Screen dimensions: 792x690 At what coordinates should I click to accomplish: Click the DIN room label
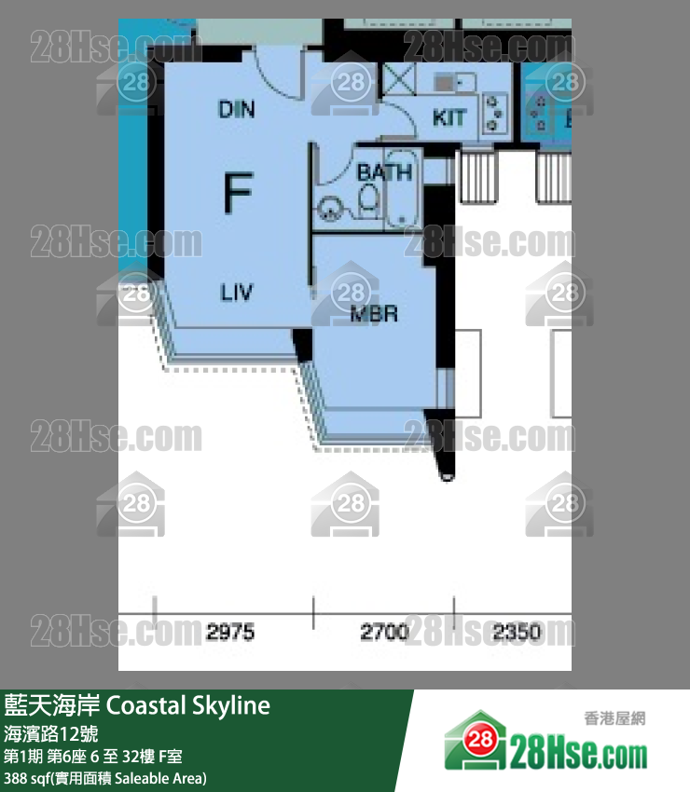click(237, 110)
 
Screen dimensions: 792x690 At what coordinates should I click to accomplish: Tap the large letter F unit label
click(238, 194)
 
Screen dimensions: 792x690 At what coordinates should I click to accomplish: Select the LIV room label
click(237, 293)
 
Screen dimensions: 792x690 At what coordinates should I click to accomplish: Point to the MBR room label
click(373, 315)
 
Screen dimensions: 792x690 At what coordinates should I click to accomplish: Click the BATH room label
click(384, 172)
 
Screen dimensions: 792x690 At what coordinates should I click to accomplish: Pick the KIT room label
click(448, 118)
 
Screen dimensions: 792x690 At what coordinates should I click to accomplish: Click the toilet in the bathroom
click(369, 198)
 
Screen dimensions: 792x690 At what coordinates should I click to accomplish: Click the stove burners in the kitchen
click(494, 110)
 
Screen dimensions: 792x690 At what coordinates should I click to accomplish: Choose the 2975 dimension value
click(230, 634)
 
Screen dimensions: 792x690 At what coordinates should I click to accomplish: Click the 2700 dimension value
click(384, 634)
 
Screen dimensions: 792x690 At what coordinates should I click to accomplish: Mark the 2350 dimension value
click(516, 634)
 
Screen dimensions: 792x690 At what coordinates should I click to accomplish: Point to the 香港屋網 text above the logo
click(614, 717)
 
